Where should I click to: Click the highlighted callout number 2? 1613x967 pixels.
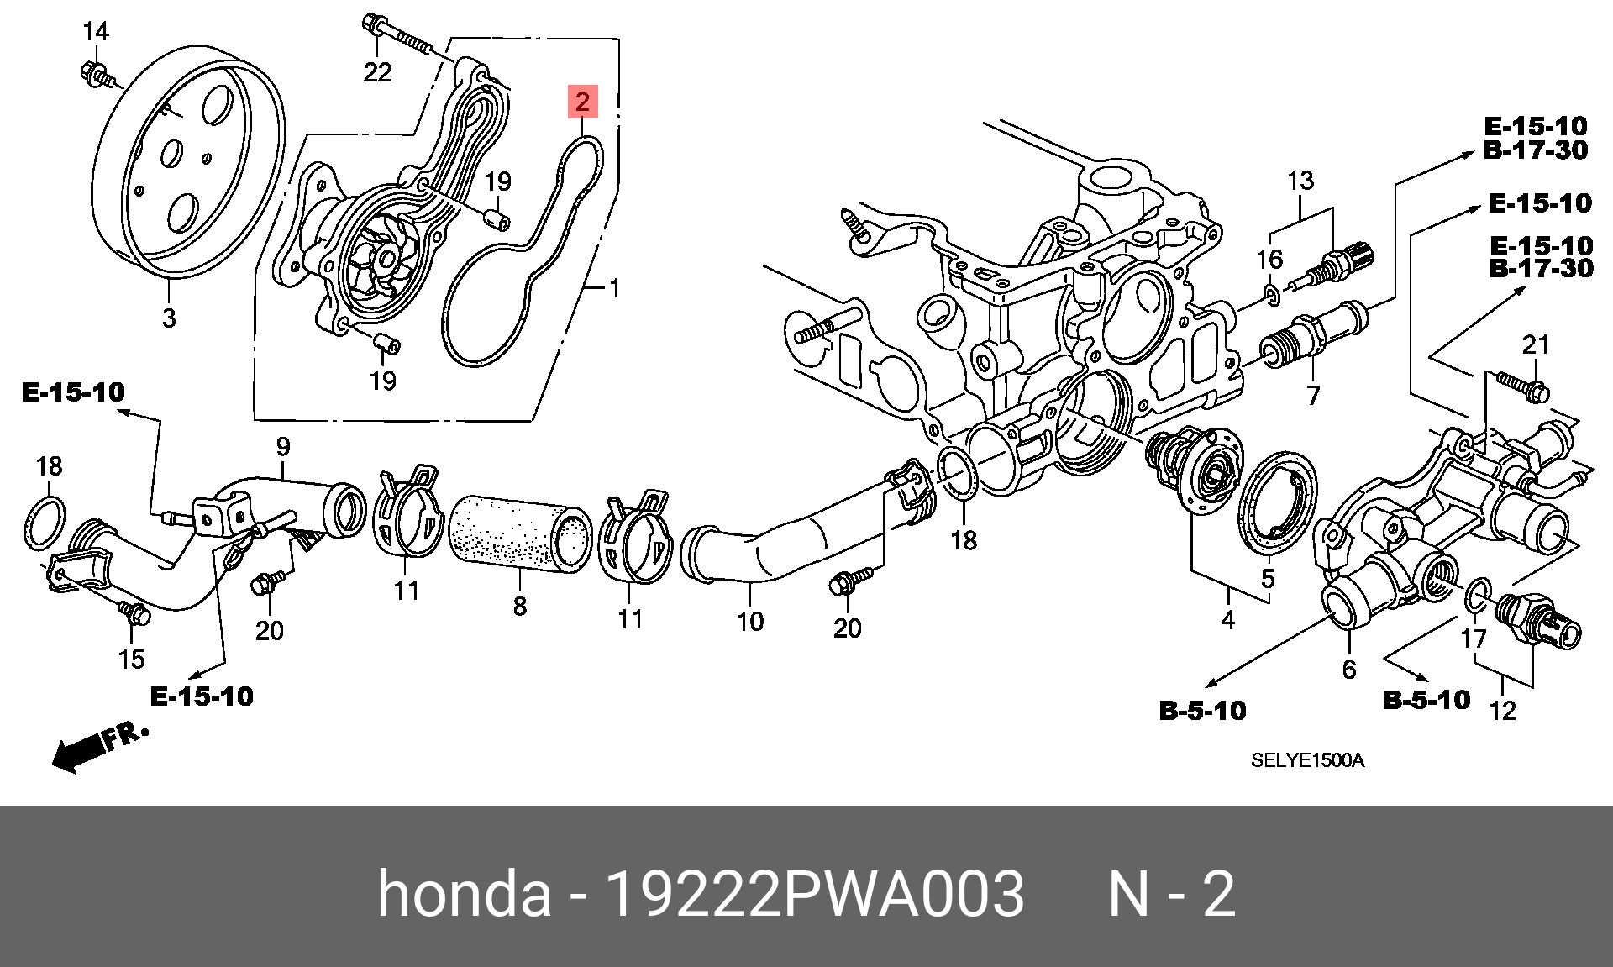click(582, 102)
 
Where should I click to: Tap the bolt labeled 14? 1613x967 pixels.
click(97, 75)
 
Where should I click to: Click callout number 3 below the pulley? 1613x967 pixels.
click(169, 318)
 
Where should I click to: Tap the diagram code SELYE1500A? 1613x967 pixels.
click(1307, 760)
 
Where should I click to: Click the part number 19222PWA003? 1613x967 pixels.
click(814, 893)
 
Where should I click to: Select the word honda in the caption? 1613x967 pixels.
click(465, 893)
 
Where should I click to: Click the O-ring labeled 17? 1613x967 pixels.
click(1478, 596)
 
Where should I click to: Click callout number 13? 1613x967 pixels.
click(1300, 181)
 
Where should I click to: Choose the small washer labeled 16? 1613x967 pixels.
click(1272, 294)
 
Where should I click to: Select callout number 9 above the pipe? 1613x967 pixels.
click(283, 446)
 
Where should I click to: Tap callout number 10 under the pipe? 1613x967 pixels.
click(750, 621)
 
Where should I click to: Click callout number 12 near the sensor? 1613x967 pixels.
click(1502, 711)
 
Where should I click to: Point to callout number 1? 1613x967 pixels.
click(615, 288)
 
